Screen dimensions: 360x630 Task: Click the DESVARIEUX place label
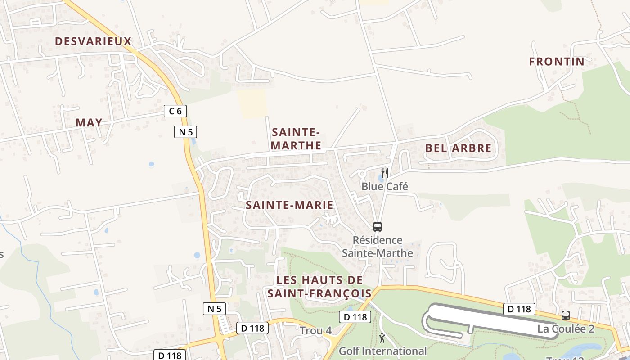click(93, 41)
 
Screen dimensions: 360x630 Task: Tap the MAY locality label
click(89, 122)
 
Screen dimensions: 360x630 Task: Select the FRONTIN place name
click(557, 62)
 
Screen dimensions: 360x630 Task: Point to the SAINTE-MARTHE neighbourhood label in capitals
click(297, 139)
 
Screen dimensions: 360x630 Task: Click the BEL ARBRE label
click(458, 148)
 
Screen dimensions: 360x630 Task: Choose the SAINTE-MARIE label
click(289, 205)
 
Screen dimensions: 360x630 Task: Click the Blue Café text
click(385, 186)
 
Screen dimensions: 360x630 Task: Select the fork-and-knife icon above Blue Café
click(384, 173)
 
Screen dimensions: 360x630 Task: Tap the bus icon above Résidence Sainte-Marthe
click(378, 227)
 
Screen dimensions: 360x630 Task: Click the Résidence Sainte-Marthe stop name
click(378, 247)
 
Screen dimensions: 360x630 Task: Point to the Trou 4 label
click(316, 331)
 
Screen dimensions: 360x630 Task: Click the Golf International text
click(382, 351)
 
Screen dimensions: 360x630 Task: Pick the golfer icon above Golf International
click(382, 337)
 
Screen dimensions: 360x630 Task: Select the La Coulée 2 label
click(566, 329)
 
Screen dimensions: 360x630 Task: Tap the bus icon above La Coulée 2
click(566, 315)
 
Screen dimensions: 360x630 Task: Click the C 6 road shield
click(175, 111)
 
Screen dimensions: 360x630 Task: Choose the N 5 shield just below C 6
click(186, 132)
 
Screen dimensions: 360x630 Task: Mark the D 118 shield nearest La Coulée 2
click(519, 309)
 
